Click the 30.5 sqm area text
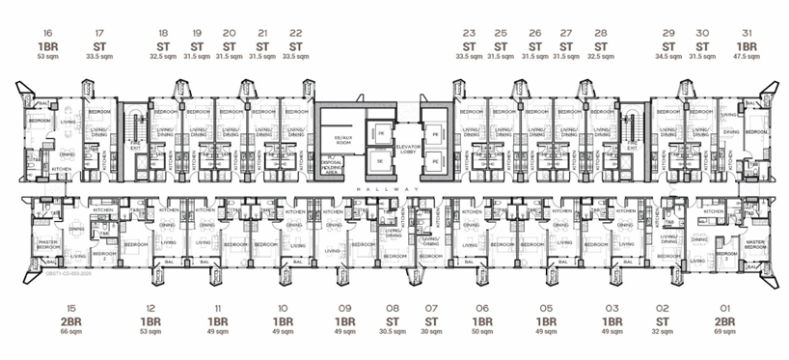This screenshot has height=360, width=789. [x=393, y=332]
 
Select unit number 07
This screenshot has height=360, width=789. [x=431, y=308]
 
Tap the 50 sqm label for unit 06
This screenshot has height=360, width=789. [x=480, y=332]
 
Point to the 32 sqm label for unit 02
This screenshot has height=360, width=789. [x=663, y=332]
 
